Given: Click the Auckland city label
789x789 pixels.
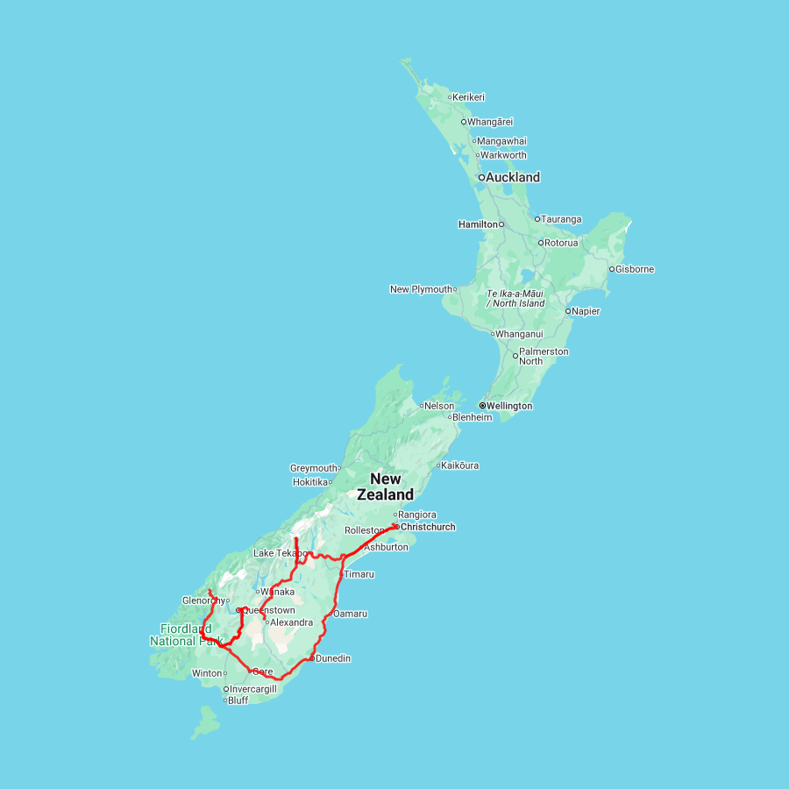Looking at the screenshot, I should click(514, 177).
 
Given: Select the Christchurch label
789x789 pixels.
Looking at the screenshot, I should click(427, 527).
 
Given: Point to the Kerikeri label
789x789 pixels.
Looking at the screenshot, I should click(469, 97).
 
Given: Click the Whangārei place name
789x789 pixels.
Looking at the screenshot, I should click(490, 122).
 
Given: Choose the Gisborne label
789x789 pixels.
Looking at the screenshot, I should click(635, 269).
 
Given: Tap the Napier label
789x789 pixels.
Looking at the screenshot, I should click(586, 311).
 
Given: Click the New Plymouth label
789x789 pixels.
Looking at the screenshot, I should click(421, 289).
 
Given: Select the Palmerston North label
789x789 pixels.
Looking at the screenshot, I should click(544, 356).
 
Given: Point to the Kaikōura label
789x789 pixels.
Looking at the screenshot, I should click(460, 466).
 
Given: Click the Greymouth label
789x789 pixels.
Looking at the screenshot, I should click(314, 468).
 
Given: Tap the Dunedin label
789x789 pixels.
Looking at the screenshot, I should click(333, 658).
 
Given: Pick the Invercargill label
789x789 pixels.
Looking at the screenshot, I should click(253, 689).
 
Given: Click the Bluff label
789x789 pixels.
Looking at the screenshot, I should click(238, 700).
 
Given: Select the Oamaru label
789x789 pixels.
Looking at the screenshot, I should click(350, 614).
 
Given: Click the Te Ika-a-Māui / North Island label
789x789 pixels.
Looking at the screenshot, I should click(515, 298).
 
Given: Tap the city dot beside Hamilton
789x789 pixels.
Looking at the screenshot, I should click(501, 224).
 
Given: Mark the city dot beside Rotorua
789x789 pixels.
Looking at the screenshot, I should click(541, 243).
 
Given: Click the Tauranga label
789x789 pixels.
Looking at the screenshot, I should click(562, 219).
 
